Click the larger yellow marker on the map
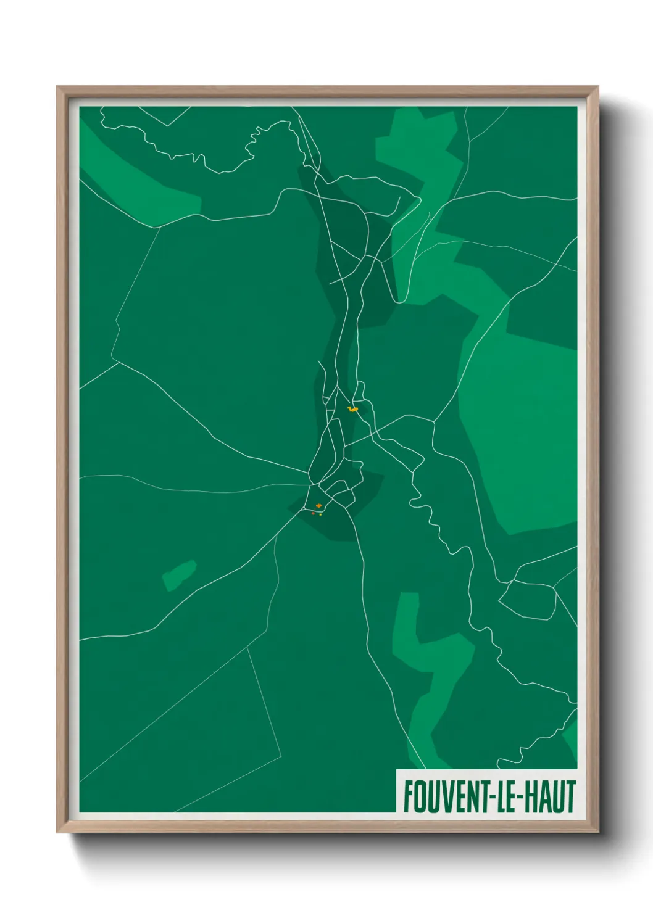pyautogui.click(x=353, y=408)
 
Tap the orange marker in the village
pyautogui.click(x=318, y=506)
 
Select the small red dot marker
pyautogui.click(x=314, y=513)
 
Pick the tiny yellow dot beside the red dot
pyautogui.click(x=321, y=514)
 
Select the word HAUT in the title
pyautogui.click(x=552, y=796)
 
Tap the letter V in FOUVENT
pyautogui.click(x=443, y=796)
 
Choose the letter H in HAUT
pyautogui.click(x=534, y=796)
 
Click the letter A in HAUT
pyautogui.click(x=547, y=796)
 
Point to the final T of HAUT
pyautogui.click(x=571, y=796)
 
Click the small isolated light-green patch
pyautogui.click(x=180, y=575)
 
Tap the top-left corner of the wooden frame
pyautogui.click(x=58, y=88)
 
